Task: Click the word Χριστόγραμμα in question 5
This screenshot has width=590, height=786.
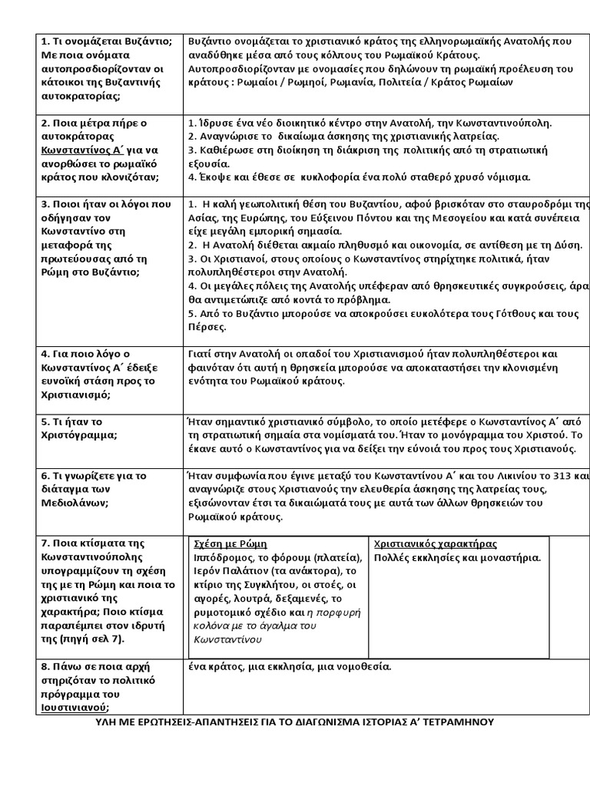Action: [78, 435]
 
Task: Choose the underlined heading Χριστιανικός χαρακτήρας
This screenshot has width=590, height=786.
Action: [435, 543]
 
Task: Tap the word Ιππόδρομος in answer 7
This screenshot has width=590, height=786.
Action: [221, 557]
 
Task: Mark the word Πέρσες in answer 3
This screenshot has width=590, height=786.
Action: [207, 327]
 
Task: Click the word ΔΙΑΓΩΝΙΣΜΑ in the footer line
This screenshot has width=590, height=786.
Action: [336, 722]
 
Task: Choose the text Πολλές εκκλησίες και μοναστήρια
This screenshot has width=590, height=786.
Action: [457, 557]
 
